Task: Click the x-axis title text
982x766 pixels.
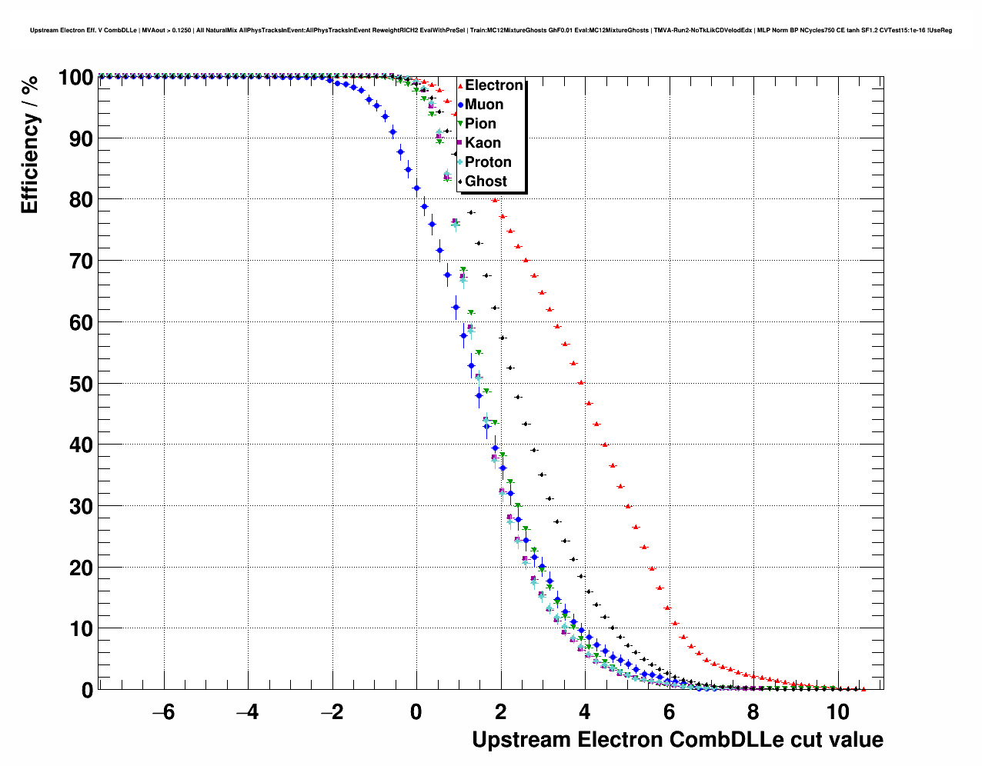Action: pos(677,740)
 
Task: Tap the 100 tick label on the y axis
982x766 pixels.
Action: pos(75,78)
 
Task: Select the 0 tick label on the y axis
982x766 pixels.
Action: pos(87,690)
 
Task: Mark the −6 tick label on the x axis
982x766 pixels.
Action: pos(163,712)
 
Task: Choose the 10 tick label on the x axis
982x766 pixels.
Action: pos(837,712)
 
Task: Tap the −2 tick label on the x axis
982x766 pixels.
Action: pos(332,712)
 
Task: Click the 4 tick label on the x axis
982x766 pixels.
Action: pos(585,712)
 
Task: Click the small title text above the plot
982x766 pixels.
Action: pos(491,30)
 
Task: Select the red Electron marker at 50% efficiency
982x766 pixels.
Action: pos(581,382)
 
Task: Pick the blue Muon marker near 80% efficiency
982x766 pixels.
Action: pos(416,188)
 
